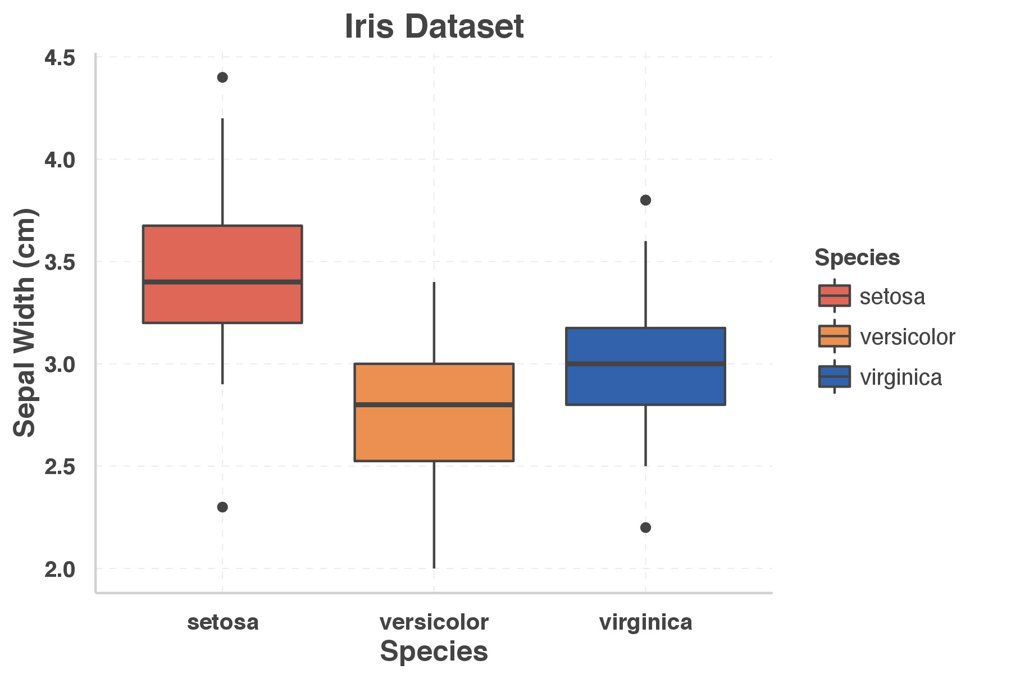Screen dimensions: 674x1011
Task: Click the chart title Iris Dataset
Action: coord(434,26)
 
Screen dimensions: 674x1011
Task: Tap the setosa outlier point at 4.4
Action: coord(222,78)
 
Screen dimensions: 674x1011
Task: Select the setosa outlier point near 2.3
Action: coord(222,507)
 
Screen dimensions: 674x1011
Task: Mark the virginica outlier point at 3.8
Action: coord(645,200)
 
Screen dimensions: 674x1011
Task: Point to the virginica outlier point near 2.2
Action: coord(645,527)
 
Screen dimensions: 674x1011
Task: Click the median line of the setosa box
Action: coord(222,282)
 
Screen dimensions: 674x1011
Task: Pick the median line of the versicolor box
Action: coord(434,404)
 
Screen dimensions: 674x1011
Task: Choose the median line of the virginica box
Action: coord(645,364)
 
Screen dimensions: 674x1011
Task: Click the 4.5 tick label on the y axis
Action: coord(60,58)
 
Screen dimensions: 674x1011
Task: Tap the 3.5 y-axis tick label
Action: coord(60,262)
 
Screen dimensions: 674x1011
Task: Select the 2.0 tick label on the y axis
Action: coord(60,570)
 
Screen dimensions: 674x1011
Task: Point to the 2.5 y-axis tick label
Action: coord(60,467)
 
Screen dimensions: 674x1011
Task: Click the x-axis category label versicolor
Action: coord(434,622)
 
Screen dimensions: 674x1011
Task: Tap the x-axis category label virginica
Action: coord(645,622)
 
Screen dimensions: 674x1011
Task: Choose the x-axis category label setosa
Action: coord(222,622)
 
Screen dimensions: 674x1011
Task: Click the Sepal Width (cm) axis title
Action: coord(24,323)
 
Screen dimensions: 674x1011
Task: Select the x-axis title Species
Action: coord(434,652)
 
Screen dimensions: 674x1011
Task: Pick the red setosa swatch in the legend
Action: coord(834,296)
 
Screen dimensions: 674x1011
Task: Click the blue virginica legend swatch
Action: coord(834,377)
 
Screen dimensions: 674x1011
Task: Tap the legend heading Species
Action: coord(857,258)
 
